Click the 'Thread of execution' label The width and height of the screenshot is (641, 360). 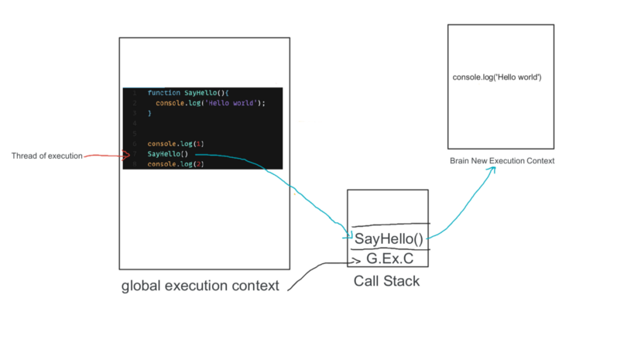click(46, 156)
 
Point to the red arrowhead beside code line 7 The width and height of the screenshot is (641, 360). click(127, 156)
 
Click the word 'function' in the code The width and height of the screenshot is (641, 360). click(159, 92)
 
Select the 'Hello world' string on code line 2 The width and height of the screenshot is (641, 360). click(232, 102)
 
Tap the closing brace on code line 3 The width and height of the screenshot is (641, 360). click(150, 113)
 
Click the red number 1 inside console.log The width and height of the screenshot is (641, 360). click(197, 144)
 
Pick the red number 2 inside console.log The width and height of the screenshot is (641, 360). click(197, 164)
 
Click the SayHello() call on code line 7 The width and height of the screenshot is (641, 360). click(168, 154)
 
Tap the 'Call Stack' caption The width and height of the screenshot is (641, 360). click(386, 281)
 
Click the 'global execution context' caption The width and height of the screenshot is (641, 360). click(200, 286)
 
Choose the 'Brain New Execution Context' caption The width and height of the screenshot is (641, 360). click(502, 160)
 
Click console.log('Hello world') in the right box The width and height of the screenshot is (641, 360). click(496, 78)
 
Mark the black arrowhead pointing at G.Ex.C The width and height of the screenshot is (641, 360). click(358, 259)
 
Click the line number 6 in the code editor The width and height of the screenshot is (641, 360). click(135, 144)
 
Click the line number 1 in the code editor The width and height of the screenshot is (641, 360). click(135, 92)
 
